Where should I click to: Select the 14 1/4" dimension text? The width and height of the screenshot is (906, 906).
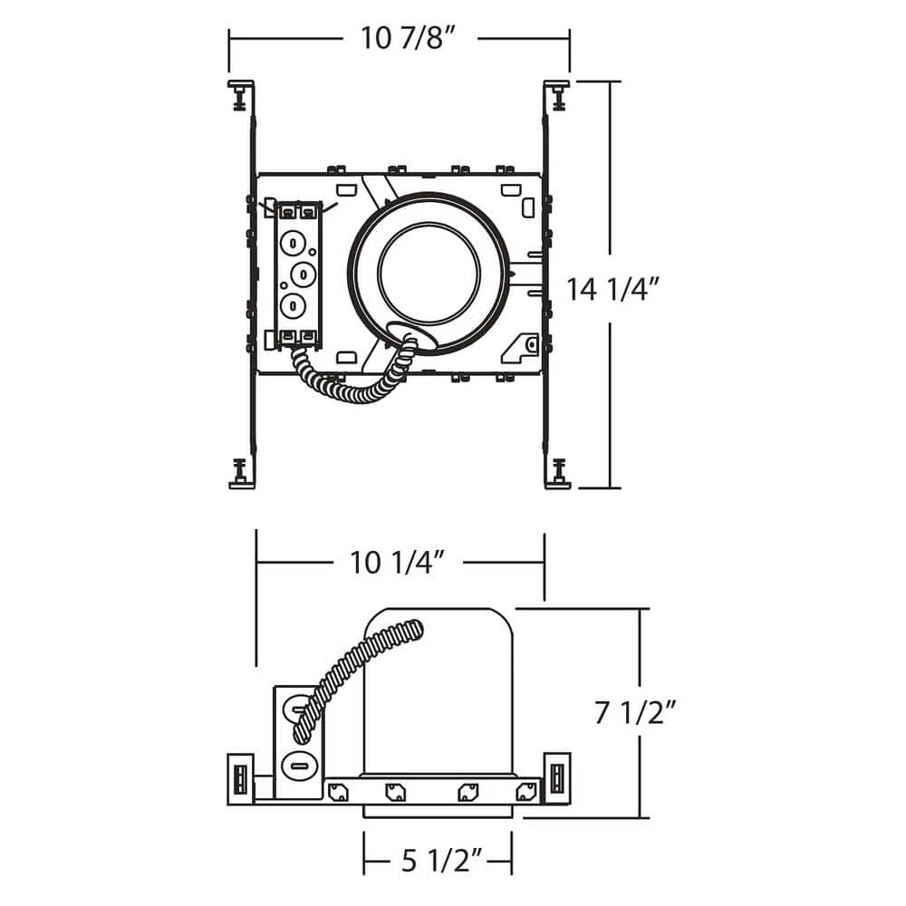click(x=612, y=289)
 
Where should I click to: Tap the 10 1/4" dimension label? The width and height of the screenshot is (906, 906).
click(x=398, y=562)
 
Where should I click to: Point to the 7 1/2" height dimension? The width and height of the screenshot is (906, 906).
click(x=635, y=712)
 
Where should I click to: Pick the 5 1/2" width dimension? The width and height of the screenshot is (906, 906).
click(x=442, y=862)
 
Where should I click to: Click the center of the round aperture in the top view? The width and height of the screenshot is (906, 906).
click(x=429, y=274)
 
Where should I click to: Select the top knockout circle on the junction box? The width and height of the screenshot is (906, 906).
click(x=293, y=243)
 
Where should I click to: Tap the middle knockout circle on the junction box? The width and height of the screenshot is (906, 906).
click(x=304, y=274)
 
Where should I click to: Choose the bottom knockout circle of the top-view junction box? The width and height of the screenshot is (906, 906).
click(x=293, y=305)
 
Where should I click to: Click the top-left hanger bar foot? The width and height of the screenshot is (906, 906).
click(x=242, y=95)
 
